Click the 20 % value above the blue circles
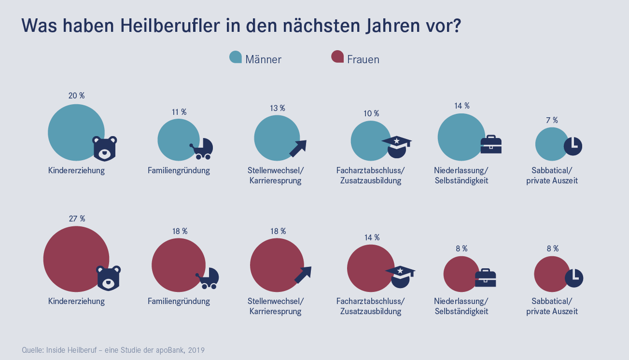coord(76,96)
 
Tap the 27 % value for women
coord(77,219)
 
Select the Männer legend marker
coord(236,57)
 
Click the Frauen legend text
coord(363,59)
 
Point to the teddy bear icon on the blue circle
coord(105,148)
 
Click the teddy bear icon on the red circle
coord(108,277)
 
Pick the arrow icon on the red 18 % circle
coord(303,275)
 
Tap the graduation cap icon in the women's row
coord(400,277)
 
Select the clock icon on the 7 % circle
coord(573,145)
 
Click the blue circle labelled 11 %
coord(178,140)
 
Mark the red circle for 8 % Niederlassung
coord(461,274)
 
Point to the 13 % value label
coord(278,108)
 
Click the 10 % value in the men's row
coord(371,113)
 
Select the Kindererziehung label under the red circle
coord(76,301)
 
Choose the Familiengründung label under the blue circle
coord(179,170)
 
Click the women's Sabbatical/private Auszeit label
coord(552,306)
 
